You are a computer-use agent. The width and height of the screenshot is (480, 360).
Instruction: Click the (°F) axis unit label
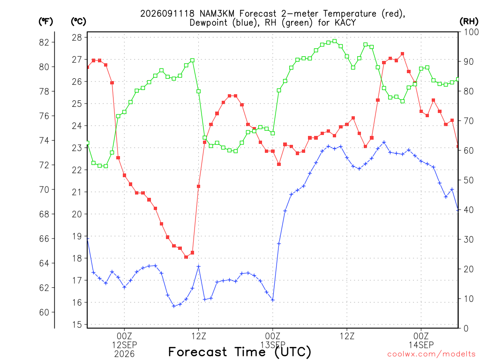point(45,22)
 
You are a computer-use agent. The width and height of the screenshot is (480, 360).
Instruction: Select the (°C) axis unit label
point(78,22)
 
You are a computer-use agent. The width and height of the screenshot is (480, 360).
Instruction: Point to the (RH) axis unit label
point(469,22)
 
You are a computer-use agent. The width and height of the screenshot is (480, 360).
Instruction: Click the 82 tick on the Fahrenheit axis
point(44,42)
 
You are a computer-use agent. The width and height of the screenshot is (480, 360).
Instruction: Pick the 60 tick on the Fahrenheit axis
point(44,312)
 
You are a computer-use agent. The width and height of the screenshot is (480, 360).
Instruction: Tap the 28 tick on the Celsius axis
point(77,37)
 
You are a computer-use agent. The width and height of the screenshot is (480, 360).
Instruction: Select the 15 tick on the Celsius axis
point(77,324)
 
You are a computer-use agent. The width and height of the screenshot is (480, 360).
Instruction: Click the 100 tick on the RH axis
point(471,32)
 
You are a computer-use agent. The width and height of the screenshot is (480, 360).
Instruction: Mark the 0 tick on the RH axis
point(466,328)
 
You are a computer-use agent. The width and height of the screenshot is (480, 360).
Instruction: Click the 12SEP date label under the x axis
point(124,345)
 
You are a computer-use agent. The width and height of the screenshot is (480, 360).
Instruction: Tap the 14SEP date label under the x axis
point(421,345)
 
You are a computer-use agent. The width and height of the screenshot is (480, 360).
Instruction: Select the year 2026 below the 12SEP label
point(124,354)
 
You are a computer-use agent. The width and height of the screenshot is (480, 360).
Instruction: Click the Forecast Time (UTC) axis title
point(240,352)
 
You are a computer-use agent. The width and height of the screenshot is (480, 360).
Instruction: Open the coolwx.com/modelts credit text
point(431,354)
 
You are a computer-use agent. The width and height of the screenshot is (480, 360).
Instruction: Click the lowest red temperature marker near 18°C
point(186,257)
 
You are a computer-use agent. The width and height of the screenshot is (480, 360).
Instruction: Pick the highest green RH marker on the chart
point(335,41)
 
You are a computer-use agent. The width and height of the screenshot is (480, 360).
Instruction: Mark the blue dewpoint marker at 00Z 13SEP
point(273,300)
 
